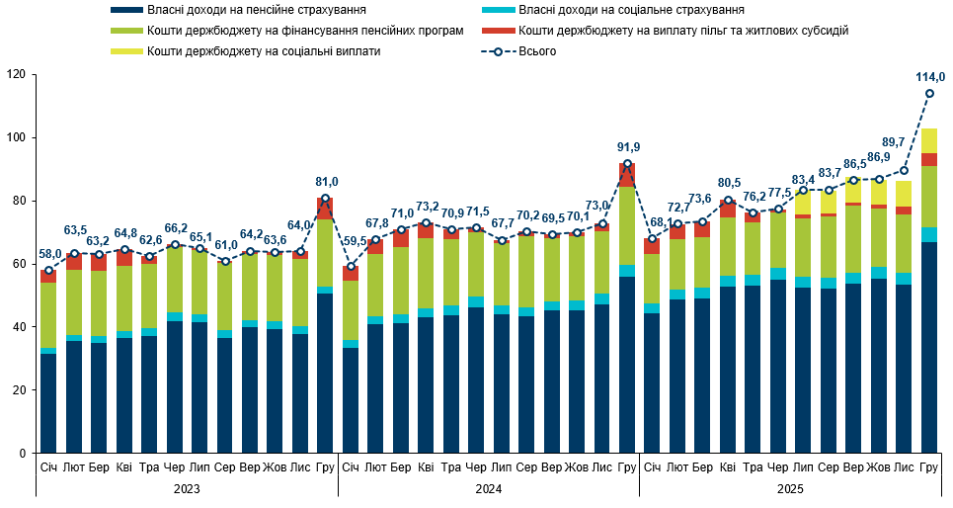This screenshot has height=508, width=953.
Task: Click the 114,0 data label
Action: [929, 77]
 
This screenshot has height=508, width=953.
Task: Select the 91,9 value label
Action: [628, 147]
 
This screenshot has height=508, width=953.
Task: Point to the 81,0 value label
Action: [327, 182]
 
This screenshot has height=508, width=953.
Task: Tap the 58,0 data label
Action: [49, 254]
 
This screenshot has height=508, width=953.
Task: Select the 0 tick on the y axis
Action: [21, 454]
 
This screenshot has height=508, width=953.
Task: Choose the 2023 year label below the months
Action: [186, 489]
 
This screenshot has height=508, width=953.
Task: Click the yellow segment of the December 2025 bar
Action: [929, 140]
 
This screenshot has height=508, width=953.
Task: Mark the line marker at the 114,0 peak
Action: [929, 94]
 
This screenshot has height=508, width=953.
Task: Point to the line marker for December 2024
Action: [627, 164]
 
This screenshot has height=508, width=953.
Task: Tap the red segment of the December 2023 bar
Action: [325, 208]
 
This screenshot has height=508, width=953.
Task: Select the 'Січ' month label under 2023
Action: [48, 466]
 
